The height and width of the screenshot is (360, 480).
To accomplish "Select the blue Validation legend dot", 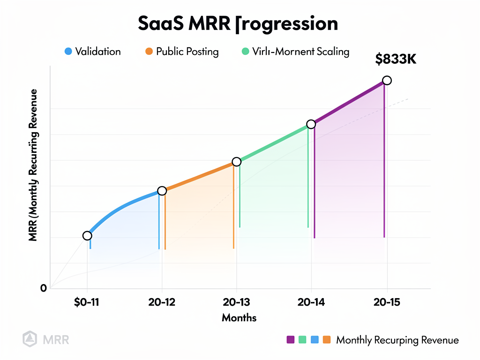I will point(68,52).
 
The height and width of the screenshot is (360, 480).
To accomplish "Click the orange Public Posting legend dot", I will point(149,52).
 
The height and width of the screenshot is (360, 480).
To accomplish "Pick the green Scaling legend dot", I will point(245,52).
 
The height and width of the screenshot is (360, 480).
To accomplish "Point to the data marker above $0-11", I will point(87,235).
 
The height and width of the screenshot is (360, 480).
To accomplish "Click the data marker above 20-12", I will point(162,191).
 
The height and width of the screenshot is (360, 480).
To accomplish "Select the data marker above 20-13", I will point(236,162).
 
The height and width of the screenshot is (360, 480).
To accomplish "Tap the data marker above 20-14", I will point(311,124).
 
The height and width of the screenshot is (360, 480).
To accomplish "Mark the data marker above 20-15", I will point(387,81).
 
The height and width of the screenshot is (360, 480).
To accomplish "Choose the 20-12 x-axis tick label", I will point(162,302).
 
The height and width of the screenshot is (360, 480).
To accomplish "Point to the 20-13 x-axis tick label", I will point(237,302).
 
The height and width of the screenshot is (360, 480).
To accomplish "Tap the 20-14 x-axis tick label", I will point(311,302).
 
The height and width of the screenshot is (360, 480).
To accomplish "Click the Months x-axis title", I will point(239,318).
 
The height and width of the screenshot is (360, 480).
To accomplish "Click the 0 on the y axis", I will point(44,288).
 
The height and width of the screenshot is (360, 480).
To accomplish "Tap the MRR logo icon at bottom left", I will point(29,338).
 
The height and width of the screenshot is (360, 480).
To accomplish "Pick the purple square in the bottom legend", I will point(290,339).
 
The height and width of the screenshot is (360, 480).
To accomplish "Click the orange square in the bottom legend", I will point(326,339).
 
